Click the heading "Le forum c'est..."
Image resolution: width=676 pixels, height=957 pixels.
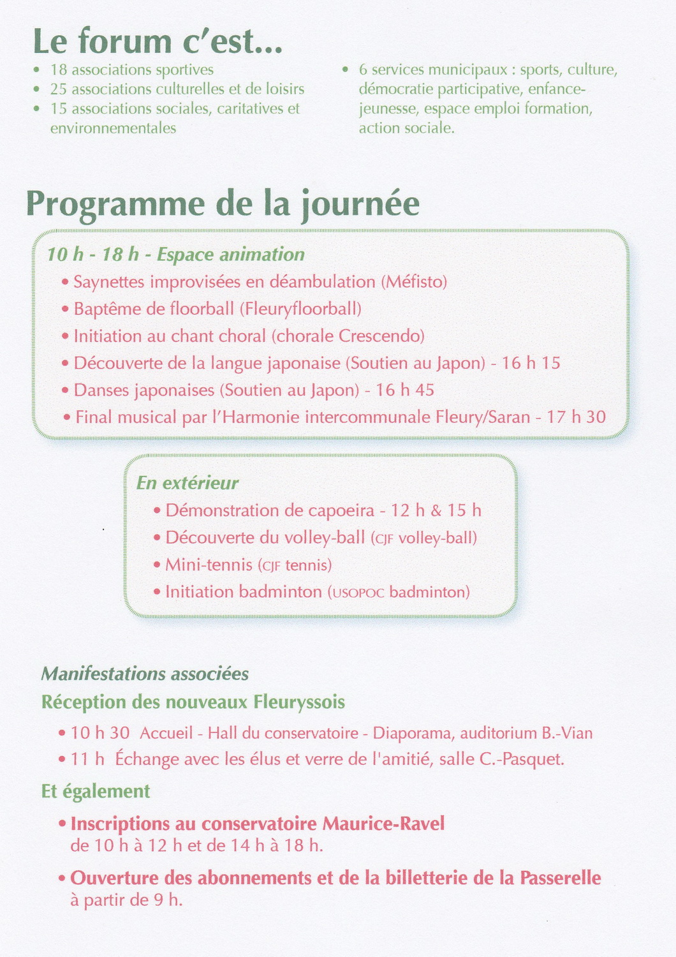click(158, 41)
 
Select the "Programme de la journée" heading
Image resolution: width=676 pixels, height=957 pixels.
click(223, 204)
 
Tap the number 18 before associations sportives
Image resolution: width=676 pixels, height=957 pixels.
click(59, 70)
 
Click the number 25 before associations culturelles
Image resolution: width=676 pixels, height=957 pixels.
click(59, 89)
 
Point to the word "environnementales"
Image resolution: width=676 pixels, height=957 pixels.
click(113, 128)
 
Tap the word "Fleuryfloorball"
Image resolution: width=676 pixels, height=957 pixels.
click(300, 309)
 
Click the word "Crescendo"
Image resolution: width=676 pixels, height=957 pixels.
click(381, 336)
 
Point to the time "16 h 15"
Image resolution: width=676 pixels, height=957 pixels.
click(531, 363)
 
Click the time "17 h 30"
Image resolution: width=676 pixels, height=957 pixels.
click(576, 417)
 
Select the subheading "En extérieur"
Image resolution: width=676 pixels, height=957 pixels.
click(187, 483)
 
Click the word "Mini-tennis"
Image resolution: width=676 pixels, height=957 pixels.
click(209, 565)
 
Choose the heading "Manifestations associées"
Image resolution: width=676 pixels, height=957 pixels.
click(145, 674)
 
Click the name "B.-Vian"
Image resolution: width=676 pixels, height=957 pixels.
click(567, 733)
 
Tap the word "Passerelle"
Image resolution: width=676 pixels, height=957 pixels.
click(560, 878)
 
